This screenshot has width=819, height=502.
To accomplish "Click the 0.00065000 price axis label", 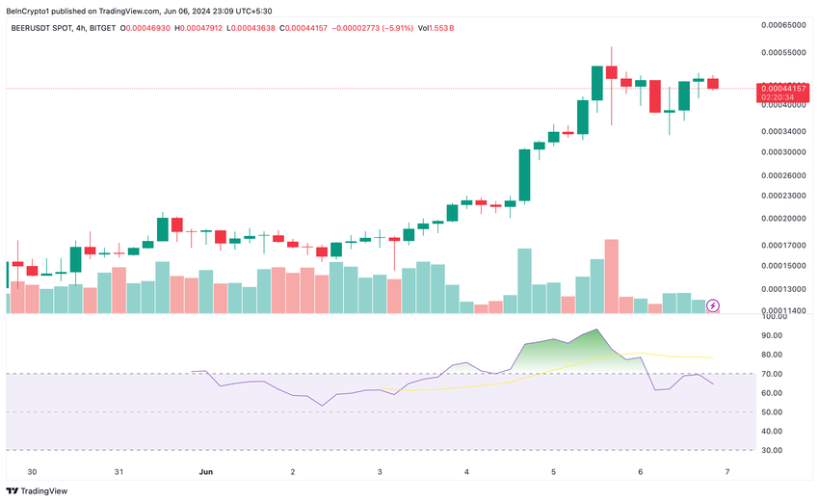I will click(783, 25).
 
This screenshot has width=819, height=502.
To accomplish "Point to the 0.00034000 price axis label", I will click(783, 131).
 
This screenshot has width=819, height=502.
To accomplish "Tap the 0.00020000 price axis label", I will click(783, 219).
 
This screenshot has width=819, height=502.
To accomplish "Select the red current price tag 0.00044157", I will click(782, 89).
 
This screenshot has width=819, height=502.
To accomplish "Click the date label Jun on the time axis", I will click(204, 472).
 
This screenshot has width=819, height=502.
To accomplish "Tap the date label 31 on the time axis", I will click(119, 472).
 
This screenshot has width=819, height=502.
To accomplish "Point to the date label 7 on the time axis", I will click(727, 472).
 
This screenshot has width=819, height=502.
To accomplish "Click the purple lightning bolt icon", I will click(713, 305).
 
